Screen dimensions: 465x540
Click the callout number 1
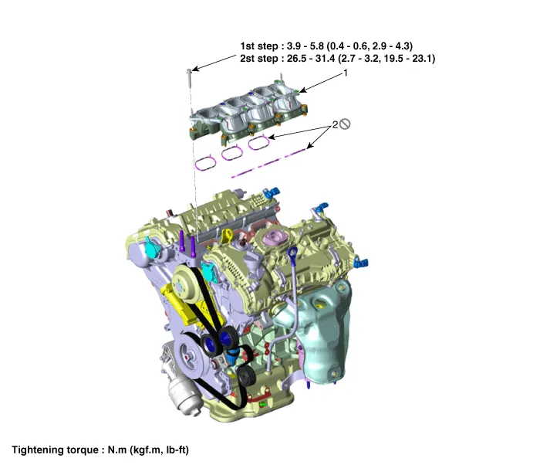pos(346,73)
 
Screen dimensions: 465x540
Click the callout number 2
pos(335,124)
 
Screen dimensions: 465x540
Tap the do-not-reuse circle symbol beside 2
pos(346,124)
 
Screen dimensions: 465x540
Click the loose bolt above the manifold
pos(189,75)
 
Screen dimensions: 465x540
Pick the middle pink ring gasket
pos(231,153)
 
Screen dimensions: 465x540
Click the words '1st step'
pos(260,46)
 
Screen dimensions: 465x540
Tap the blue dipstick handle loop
pos(294,253)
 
